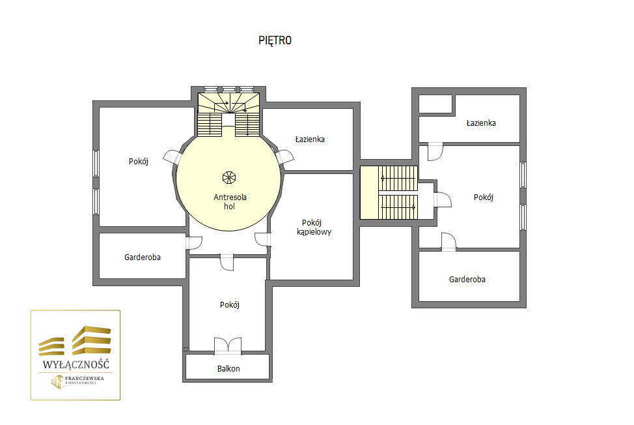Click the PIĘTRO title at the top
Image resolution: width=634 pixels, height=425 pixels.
(275, 40)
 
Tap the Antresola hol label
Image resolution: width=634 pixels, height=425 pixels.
(230, 201)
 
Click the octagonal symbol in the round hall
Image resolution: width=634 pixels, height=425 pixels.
(229, 178)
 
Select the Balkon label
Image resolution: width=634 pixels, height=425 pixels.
(228, 369)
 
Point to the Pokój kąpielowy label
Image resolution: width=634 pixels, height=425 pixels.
(314, 227)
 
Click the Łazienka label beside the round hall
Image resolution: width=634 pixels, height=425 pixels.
(310, 139)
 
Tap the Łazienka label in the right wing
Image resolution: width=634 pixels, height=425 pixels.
(481, 123)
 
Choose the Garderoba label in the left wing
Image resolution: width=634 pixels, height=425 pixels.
(143, 257)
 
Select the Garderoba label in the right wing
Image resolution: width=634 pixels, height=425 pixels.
(467, 279)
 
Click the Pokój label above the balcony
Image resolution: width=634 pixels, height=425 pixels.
(230, 305)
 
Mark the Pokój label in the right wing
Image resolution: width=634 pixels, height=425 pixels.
(484, 198)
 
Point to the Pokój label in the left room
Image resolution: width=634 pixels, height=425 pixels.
(139, 162)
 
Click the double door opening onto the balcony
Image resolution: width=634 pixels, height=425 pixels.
(228, 345)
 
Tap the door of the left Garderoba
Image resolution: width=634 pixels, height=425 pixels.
(194, 242)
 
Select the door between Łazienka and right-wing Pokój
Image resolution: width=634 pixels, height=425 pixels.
(435, 152)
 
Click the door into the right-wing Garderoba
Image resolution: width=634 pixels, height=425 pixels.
(448, 242)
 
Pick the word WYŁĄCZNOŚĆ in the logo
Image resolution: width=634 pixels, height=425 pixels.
(76, 364)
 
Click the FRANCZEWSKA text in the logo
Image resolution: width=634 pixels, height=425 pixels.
(85, 379)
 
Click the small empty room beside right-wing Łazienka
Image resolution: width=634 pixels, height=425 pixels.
(435, 104)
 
